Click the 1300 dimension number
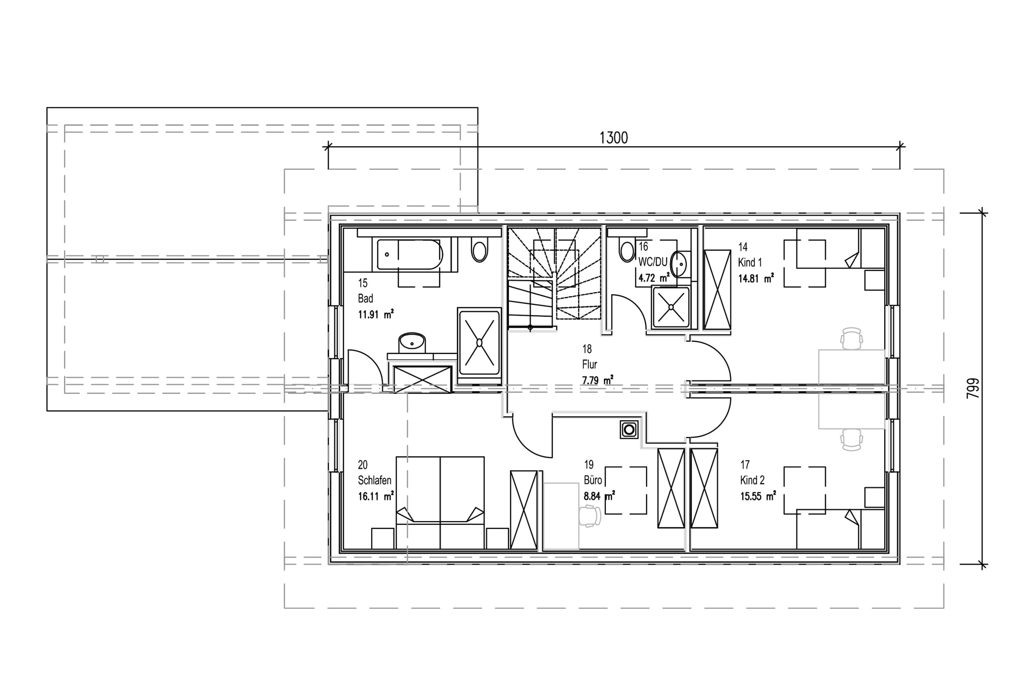(x=613, y=138)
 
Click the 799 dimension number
(x=973, y=388)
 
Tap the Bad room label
(x=365, y=299)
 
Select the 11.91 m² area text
(x=376, y=314)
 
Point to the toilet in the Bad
(x=480, y=250)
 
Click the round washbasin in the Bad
(x=412, y=342)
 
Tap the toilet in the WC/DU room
(x=627, y=250)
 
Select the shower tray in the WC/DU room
(x=671, y=307)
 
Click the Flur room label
(x=590, y=364)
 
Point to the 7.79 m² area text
(x=598, y=381)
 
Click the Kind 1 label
(x=750, y=263)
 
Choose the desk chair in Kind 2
(x=851, y=440)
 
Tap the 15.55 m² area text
(x=758, y=496)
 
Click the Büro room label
(x=593, y=480)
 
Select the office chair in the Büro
(x=590, y=516)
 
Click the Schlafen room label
(x=374, y=480)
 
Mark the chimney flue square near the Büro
(x=629, y=430)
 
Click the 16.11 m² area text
(x=376, y=496)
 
